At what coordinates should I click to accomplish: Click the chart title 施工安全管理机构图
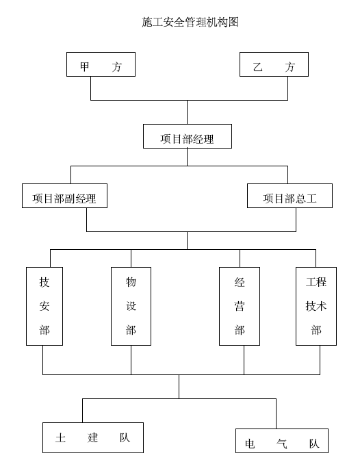(190, 22)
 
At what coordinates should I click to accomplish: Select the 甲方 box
(101, 64)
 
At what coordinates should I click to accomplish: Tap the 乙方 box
(274, 64)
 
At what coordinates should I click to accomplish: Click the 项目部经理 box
(188, 136)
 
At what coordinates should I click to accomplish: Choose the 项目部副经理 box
(64, 196)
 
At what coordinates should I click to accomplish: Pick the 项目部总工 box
(290, 196)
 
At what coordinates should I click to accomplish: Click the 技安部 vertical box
(44, 306)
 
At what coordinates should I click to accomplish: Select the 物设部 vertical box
(131, 306)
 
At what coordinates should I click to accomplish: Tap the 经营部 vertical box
(240, 306)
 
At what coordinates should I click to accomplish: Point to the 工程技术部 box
(316, 306)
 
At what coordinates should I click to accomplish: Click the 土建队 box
(93, 437)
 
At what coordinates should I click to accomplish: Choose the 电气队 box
(281, 441)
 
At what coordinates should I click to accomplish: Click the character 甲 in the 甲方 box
(84, 66)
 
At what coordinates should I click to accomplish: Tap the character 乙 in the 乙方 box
(257, 66)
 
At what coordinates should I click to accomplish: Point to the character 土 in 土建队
(60, 437)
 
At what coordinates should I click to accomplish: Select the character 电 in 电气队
(250, 444)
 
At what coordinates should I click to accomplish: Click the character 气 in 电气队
(281, 444)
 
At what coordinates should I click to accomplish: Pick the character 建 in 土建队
(93, 437)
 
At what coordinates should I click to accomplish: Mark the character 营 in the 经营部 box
(240, 306)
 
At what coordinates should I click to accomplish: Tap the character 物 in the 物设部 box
(131, 282)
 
